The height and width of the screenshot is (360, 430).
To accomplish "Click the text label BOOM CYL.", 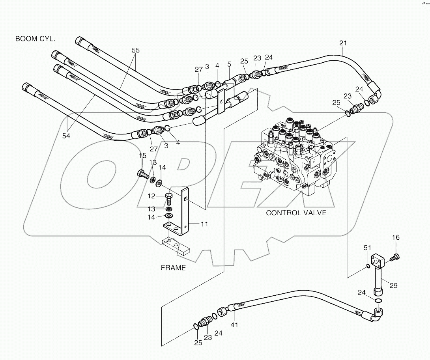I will click(x=35, y=39).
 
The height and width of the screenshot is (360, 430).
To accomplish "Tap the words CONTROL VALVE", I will click(x=296, y=213).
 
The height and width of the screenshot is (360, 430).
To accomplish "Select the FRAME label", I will click(x=173, y=268).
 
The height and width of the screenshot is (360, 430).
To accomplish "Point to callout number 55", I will click(x=136, y=50).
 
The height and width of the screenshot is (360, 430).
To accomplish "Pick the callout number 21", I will click(x=342, y=43).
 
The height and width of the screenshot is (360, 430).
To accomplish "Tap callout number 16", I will click(x=396, y=237).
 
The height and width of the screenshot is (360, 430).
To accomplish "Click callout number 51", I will click(x=368, y=248).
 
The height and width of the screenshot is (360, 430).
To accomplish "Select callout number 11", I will click(x=204, y=224).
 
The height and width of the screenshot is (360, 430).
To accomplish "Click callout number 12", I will click(x=152, y=196).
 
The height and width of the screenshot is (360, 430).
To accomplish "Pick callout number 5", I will click(x=229, y=64).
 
